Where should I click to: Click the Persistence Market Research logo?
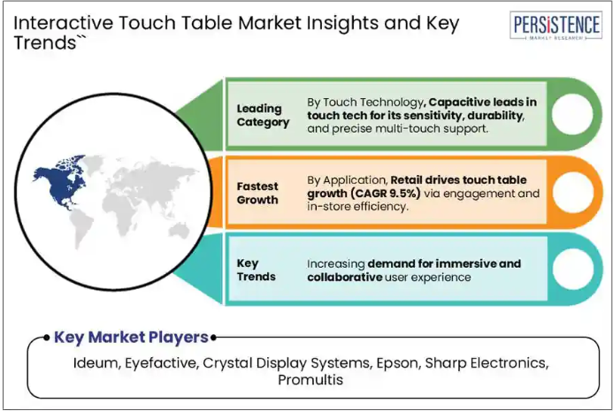tap(556, 26)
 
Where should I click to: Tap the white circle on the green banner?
tap(572, 114)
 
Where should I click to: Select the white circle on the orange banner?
tap(573, 192)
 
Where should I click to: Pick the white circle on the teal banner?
tap(573, 270)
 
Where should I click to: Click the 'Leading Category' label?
tap(263, 115)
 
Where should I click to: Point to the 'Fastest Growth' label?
tap(257, 193)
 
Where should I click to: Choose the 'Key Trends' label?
tap(256, 270)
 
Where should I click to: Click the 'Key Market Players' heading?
tap(131, 337)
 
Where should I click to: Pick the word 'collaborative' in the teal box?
tap(344, 277)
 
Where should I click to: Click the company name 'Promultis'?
tap(310, 380)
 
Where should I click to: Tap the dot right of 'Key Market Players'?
tap(213, 338)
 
